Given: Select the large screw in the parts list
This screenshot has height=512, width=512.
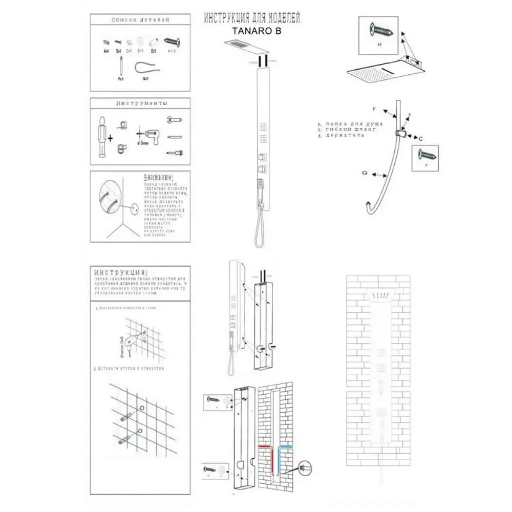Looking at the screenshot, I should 172,40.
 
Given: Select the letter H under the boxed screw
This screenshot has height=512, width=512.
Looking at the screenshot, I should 379,45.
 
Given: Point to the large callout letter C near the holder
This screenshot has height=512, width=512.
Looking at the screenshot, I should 420,139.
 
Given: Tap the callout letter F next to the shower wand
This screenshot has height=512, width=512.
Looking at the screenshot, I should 374,109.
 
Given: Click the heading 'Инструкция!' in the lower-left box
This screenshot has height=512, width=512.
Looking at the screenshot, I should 121,271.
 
